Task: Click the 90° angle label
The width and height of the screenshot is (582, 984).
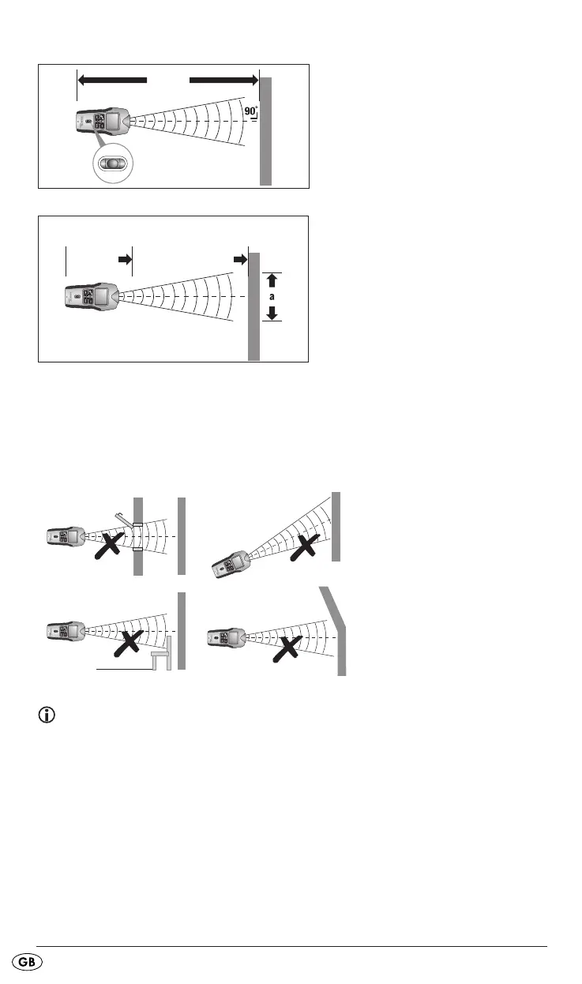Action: point(250,111)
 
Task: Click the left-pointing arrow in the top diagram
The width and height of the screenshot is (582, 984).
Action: point(112,80)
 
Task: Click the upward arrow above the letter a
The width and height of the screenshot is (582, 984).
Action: point(272,279)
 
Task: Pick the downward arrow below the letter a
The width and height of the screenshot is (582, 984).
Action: point(272,312)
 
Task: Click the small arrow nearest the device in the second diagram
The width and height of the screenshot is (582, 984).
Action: point(124,258)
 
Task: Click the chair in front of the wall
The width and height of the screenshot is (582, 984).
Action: point(163,652)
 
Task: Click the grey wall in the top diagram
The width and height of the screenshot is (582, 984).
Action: point(266,131)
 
